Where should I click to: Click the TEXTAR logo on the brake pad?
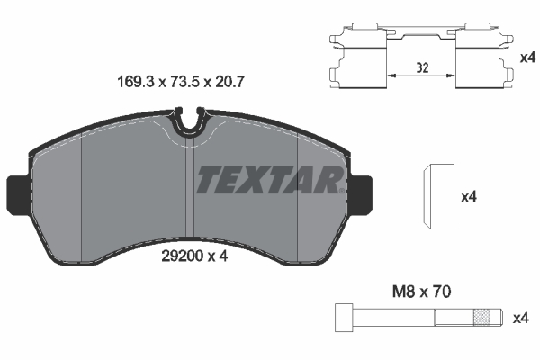coord(267,180)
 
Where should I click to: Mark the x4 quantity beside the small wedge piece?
coord(468,195)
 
